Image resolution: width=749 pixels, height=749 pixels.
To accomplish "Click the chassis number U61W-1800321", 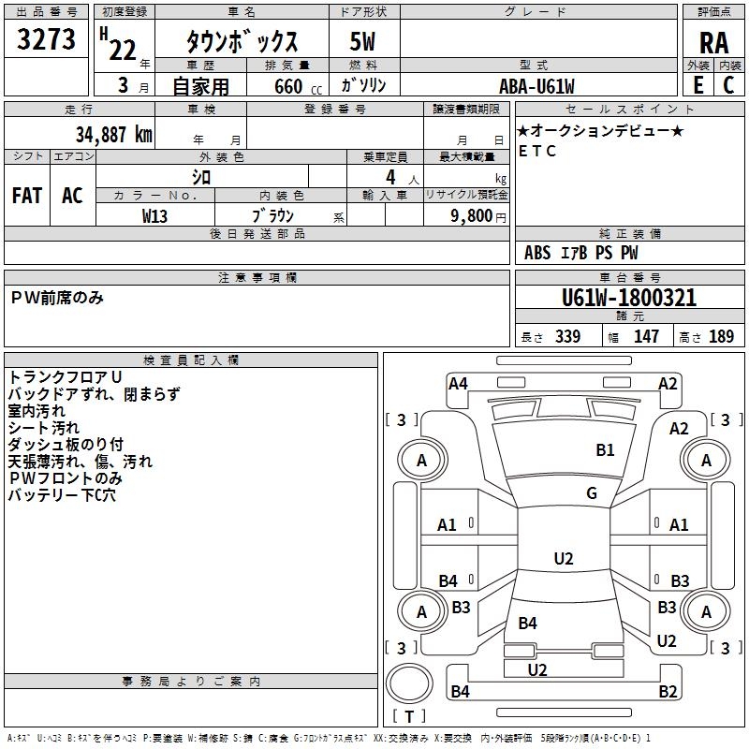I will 629,298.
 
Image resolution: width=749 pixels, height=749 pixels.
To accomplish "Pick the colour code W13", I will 154,215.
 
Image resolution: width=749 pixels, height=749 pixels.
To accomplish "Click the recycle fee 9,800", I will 470,215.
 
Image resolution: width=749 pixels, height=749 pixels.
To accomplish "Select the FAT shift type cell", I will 27,196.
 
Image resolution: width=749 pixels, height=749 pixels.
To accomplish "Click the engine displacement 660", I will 287,86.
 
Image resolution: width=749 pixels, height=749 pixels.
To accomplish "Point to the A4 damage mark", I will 458,383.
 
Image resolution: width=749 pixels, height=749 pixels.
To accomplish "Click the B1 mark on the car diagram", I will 606,450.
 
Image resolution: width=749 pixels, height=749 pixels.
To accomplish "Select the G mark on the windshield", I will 592,493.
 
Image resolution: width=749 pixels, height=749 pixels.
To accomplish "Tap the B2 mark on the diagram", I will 668,692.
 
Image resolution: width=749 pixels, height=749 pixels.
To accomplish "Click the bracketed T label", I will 409,716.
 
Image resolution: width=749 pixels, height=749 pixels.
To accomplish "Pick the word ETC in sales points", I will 537,151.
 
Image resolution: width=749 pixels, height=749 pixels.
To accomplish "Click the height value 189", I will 721,337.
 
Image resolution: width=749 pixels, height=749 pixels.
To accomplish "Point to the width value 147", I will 646,337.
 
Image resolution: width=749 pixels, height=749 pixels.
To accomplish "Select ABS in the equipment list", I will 537,253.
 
